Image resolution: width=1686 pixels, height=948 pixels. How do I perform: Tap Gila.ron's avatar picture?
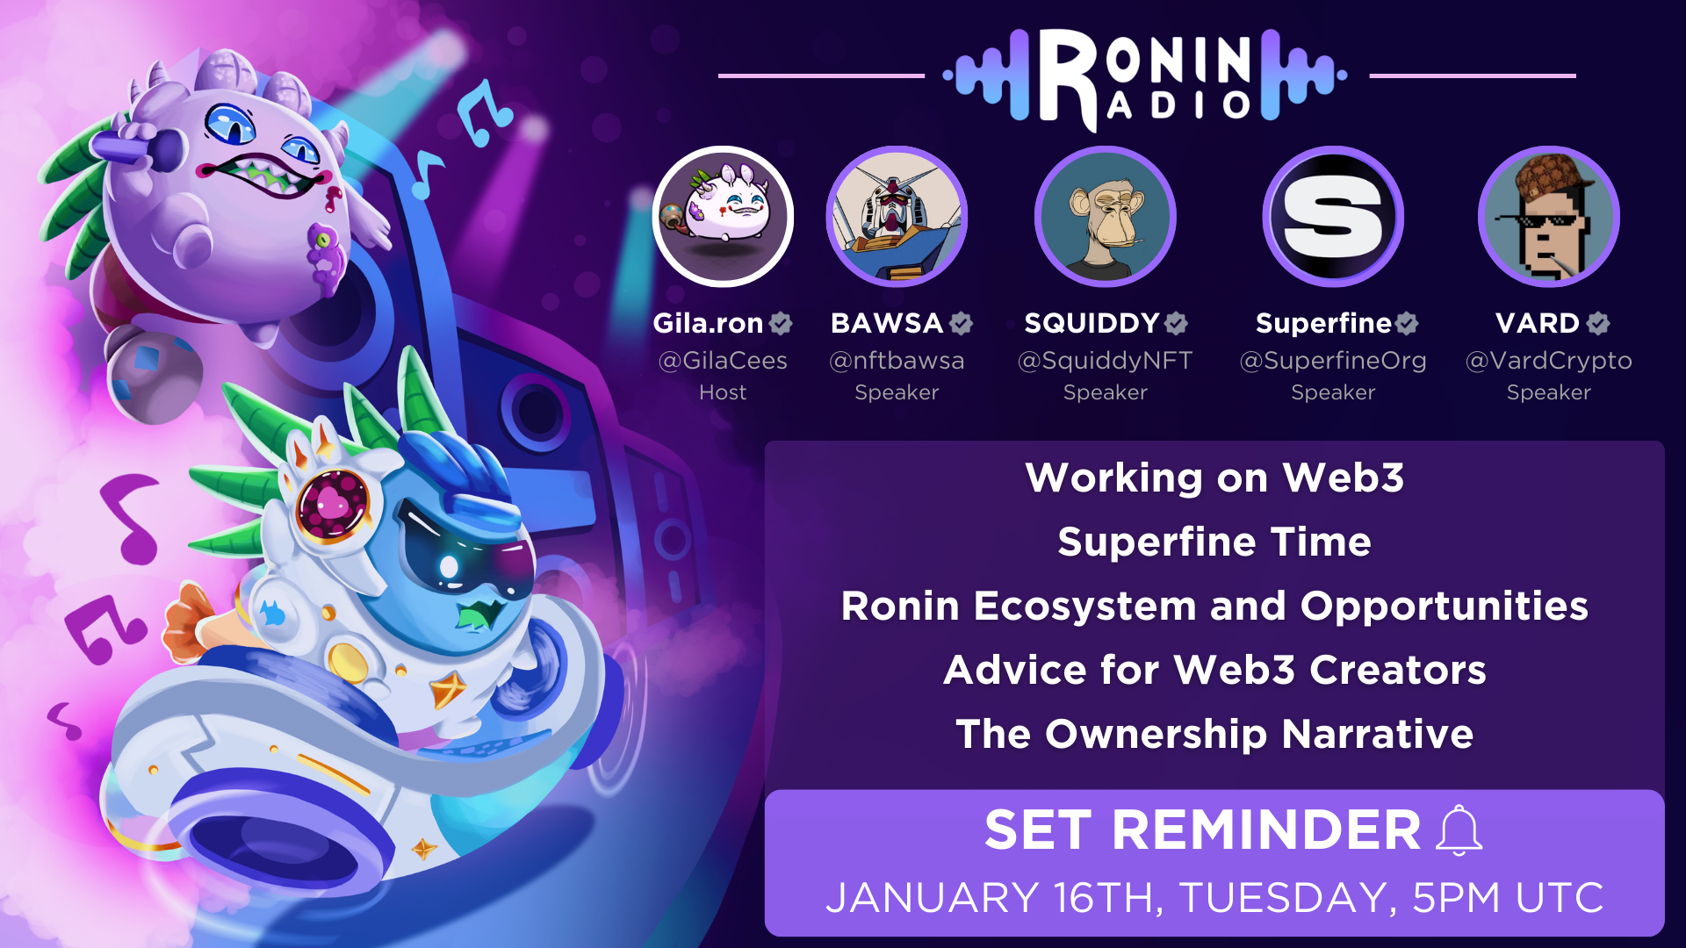click(x=723, y=216)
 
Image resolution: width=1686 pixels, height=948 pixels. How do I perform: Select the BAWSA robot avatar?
click(x=897, y=216)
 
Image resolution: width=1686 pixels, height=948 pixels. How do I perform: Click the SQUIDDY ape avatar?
click(x=1106, y=216)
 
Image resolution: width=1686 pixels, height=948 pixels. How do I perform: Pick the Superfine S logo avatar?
click(x=1333, y=216)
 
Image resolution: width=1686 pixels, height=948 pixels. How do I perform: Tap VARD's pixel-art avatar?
click(x=1549, y=216)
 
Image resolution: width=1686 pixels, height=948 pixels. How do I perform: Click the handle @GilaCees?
click(x=723, y=360)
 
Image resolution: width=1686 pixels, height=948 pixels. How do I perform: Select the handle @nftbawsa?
click(x=897, y=360)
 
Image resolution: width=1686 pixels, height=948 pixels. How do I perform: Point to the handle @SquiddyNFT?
click(x=1105, y=361)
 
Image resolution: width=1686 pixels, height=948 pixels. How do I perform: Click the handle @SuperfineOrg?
click(x=1333, y=361)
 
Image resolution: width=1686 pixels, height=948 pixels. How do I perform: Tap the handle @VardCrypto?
click(x=1549, y=361)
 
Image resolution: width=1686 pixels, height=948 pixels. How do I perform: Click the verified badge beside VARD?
click(x=1598, y=324)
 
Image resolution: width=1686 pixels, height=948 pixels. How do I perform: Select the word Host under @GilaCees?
click(x=723, y=392)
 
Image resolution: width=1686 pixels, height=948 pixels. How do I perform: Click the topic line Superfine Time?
click(x=1214, y=542)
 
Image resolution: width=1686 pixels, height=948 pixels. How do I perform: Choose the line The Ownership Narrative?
click(x=1214, y=734)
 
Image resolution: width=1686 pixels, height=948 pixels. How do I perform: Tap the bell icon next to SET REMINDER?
click(x=1459, y=829)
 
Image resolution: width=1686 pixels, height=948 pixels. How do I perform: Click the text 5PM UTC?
click(x=1508, y=898)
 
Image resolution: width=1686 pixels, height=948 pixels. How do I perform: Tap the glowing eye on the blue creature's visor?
click(x=449, y=566)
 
